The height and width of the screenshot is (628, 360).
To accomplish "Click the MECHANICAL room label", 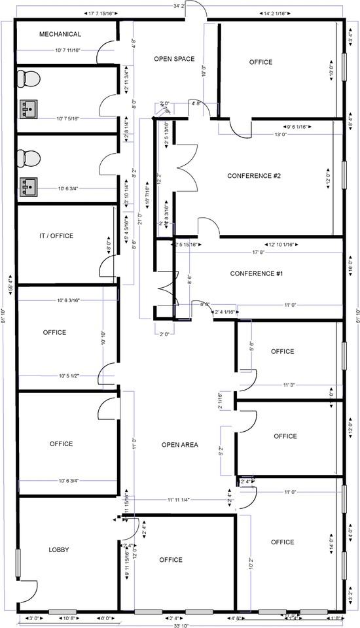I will pyautogui.click(x=60, y=34).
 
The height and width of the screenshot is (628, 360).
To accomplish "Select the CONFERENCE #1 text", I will pyautogui.click(x=256, y=273).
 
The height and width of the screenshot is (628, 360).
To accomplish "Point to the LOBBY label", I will pyautogui.click(x=58, y=549).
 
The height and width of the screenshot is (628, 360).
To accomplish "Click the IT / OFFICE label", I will pyautogui.click(x=56, y=235).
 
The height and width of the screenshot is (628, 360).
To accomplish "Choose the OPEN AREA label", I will pyautogui.click(x=179, y=445).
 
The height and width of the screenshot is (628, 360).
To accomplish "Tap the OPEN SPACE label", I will pyautogui.click(x=173, y=59).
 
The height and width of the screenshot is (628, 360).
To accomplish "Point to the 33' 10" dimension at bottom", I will pyautogui.click(x=181, y=625).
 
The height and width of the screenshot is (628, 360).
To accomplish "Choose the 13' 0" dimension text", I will pyautogui.click(x=281, y=134).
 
